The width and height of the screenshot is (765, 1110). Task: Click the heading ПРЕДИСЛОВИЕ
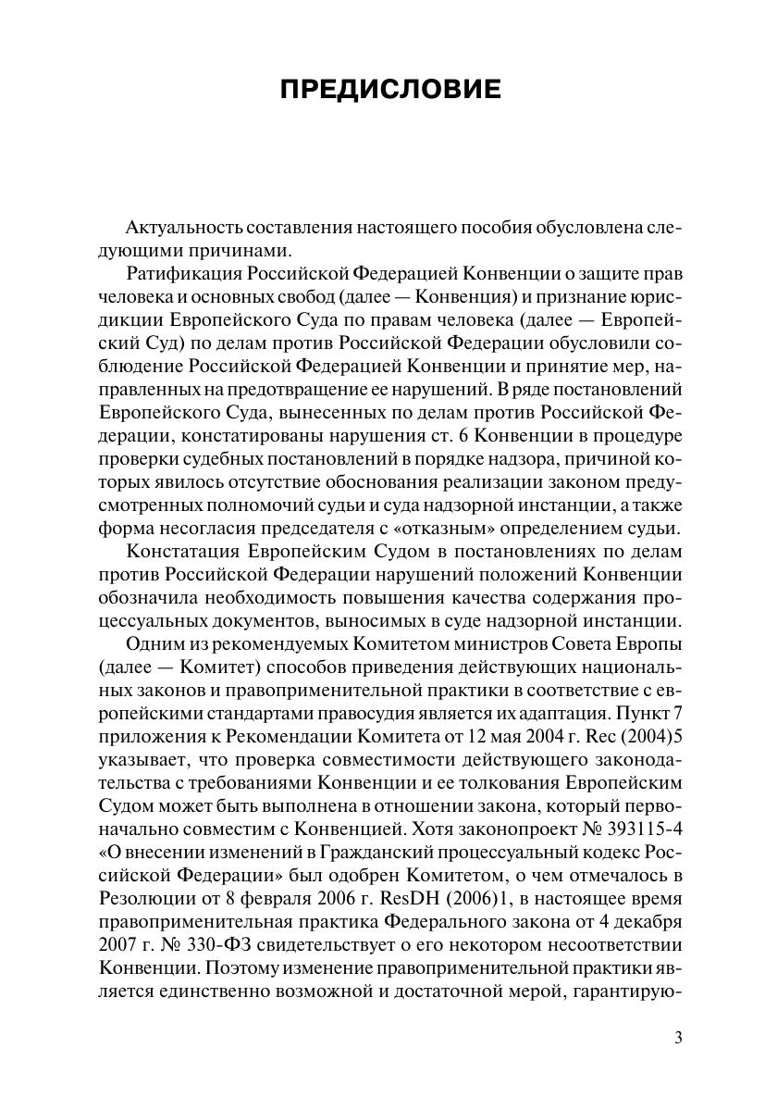point(389,90)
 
